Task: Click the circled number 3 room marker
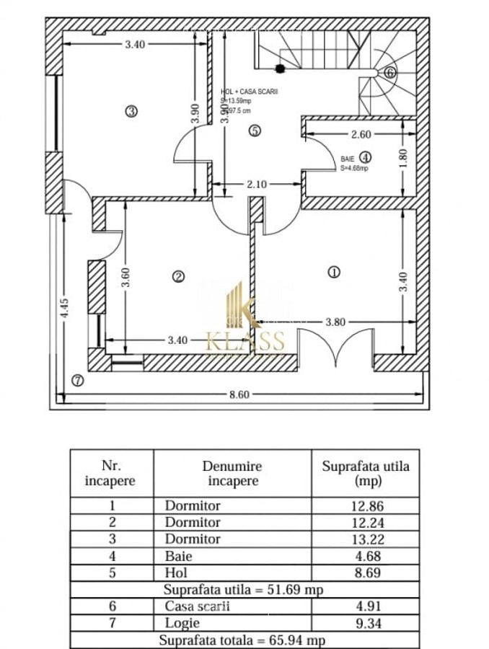131,111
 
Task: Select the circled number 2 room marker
178,275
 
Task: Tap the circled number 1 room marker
334,272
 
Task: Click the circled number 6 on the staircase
389,72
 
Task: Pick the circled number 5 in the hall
253,131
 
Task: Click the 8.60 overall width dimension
239,394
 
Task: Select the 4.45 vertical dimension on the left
65,309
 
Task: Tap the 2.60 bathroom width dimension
361,134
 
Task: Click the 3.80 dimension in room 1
335,322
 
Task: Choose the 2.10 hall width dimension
257,185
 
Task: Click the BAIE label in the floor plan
348,157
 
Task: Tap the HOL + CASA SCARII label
249,92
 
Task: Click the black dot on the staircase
280,69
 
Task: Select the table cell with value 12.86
365,505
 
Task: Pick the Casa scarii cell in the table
197,606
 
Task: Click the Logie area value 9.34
365,623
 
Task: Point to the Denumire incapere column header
232,474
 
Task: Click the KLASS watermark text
245,342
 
